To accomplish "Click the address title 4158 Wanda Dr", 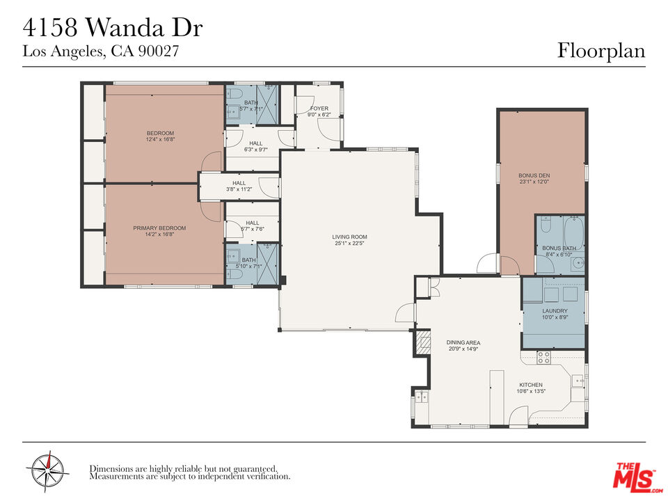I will (x=113, y=28).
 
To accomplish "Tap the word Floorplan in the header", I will (x=601, y=51).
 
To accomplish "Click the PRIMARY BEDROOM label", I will (x=159, y=228).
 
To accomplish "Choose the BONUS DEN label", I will (x=534, y=175).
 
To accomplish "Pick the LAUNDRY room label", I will (x=555, y=311).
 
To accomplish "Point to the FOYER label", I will (x=319, y=109).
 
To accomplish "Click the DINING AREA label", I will (x=463, y=342).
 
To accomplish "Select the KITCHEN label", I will (x=530, y=385).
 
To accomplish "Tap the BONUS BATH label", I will (x=559, y=248).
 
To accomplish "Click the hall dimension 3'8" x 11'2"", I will (x=239, y=189).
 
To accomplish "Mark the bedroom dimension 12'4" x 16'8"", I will (x=159, y=140).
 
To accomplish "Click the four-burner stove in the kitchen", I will (x=544, y=358).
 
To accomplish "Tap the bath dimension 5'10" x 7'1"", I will (x=248, y=266).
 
